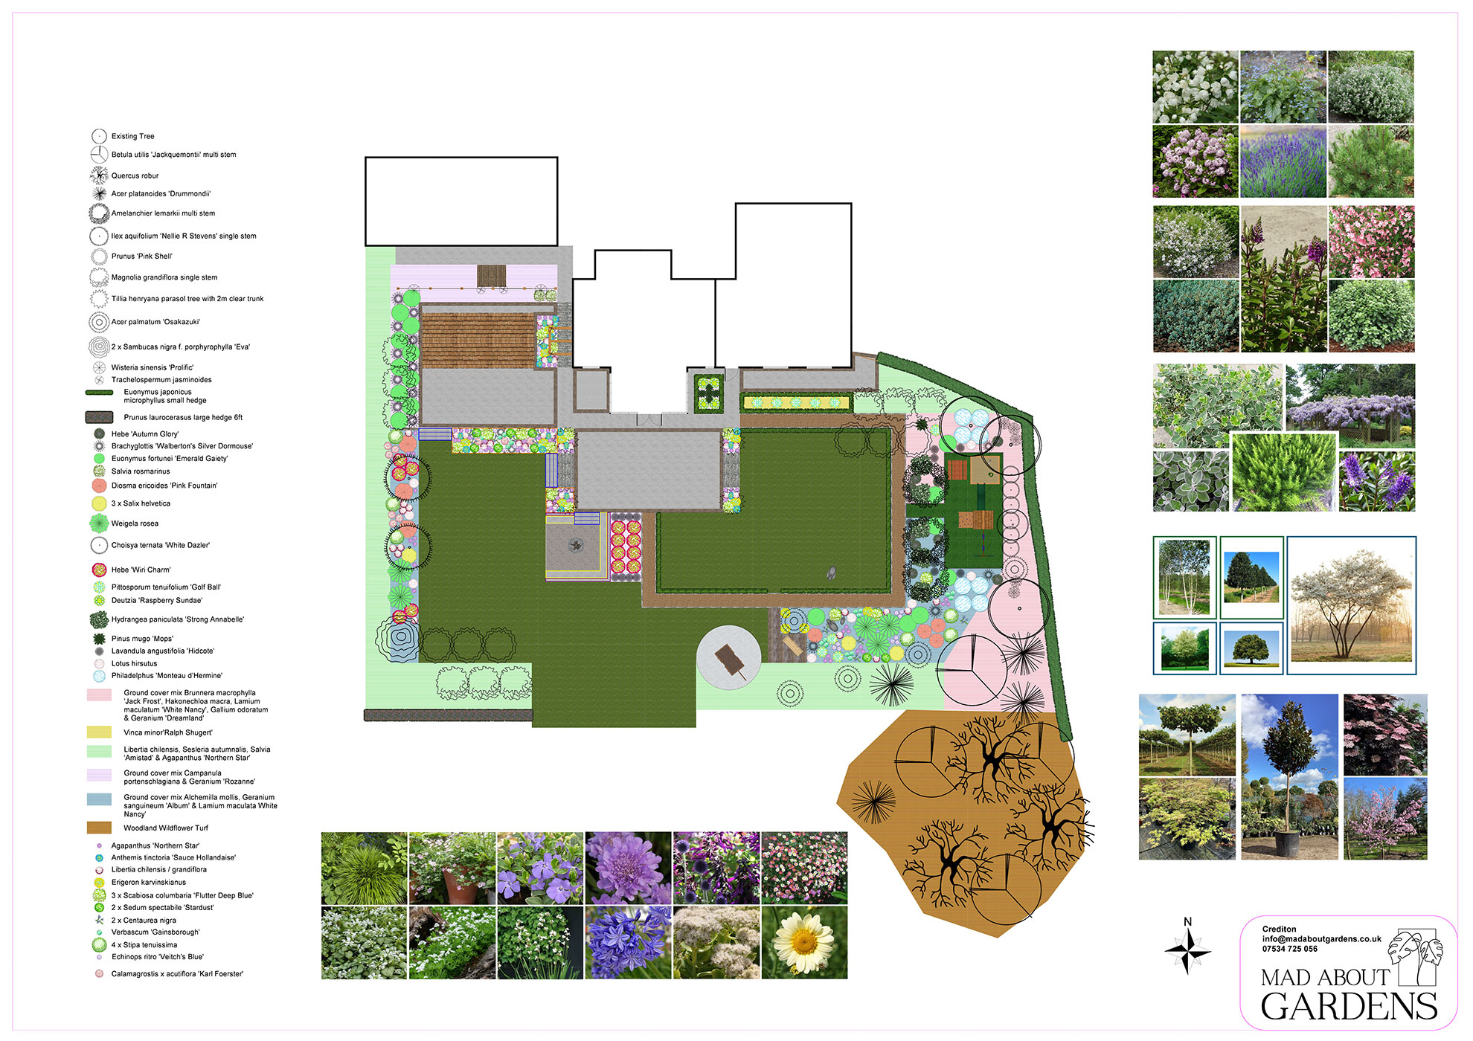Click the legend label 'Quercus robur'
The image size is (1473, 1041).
135,176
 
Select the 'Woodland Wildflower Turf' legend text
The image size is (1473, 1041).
166,828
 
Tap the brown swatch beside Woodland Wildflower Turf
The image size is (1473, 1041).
99,828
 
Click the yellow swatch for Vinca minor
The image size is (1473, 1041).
99,732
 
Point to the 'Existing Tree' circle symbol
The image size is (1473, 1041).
99,136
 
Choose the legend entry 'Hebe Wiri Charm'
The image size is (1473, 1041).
141,570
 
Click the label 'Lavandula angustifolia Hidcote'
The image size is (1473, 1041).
163,651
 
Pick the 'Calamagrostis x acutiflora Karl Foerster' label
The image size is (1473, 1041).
177,974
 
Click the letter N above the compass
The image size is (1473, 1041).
1187,922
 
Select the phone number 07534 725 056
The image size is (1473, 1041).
1290,949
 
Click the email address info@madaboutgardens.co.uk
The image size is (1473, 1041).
1321,939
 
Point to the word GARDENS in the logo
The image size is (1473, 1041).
1349,1007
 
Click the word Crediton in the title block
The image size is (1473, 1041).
1279,929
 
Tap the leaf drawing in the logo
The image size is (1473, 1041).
1418,956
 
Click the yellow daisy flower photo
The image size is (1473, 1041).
804,942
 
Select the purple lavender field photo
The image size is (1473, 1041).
1283,161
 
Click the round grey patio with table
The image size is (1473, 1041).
729,658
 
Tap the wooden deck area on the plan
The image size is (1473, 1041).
478,340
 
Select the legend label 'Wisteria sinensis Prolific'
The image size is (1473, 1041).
153,368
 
